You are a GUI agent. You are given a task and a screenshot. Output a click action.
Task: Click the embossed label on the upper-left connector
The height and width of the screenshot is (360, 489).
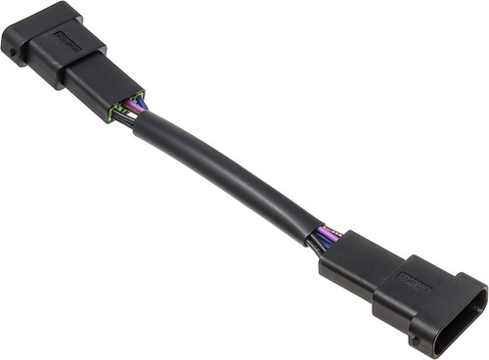pos(68,40)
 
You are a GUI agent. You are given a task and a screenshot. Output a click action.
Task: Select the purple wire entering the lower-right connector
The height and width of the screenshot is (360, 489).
pos(330,236)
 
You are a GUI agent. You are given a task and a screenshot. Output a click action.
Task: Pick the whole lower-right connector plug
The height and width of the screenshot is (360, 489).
pos(406,289)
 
